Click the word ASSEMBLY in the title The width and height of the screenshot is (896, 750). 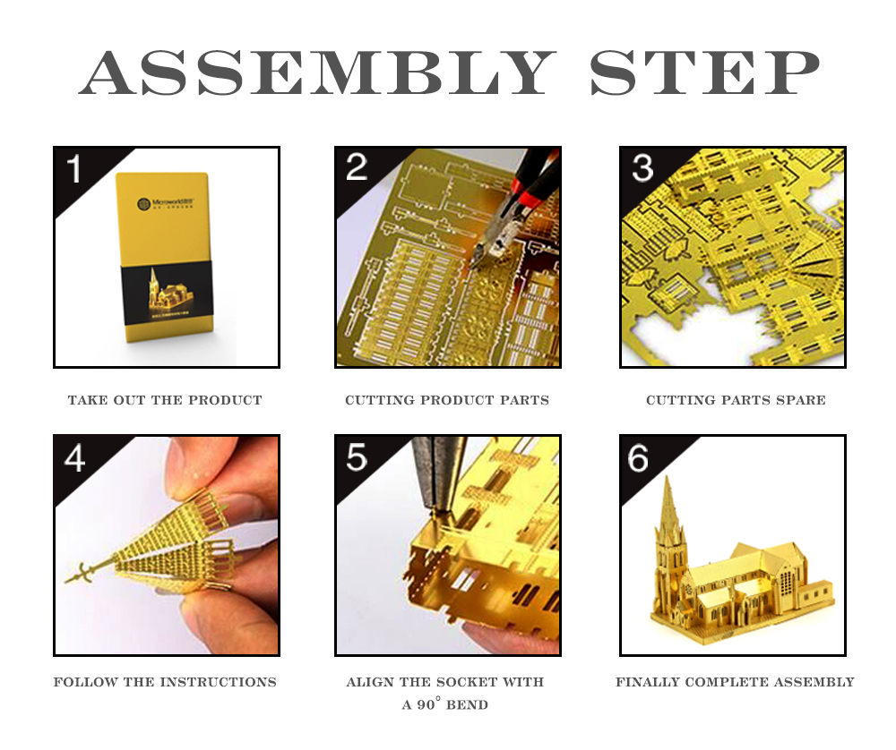[x=317, y=72]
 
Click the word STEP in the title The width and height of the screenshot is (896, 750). [x=705, y=72]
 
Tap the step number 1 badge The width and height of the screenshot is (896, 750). [x=74, y=169]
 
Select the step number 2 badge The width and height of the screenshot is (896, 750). [x=357, y=167]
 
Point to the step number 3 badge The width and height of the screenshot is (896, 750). [x=642, y=167]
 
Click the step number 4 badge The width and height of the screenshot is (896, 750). [x=75, y=457]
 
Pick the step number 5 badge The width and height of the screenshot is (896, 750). [x=357, y=457]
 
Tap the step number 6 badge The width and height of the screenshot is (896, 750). [x=638, y=457]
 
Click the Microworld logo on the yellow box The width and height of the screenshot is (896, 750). [x=166, y=203]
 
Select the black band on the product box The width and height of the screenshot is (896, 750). [x=167, y=293]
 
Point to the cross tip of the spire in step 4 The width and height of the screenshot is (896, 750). [x=80, y=575]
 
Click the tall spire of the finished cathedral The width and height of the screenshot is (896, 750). [x=668, y=525]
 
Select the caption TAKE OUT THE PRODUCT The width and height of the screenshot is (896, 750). [x=165, y=400]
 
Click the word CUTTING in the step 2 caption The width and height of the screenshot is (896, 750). [x=378, y=400]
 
